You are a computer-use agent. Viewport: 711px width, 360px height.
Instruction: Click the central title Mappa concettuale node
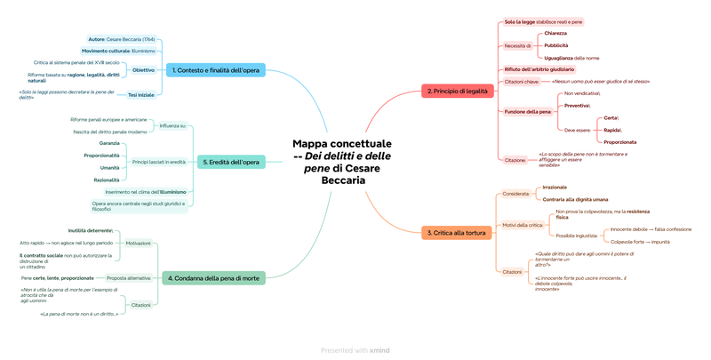[342, 162]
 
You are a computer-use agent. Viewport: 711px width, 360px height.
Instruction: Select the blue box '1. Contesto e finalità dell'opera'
[216, 69]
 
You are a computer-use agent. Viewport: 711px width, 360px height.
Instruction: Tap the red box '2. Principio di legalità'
[457, 91]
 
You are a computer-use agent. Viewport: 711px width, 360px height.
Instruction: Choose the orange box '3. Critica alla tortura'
[456, 232]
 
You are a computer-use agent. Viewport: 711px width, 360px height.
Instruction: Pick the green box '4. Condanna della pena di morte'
[213, 278]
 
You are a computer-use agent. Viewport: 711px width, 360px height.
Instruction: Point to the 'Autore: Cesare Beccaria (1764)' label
[122, 39]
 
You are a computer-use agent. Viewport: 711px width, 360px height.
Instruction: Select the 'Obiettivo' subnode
[143, 69]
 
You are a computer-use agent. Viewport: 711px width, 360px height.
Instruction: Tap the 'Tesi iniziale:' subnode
[140, 93]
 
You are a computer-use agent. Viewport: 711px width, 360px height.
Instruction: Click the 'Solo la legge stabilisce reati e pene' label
[544, 21]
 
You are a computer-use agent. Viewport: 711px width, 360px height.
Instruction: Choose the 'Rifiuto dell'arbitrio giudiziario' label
[539, 69]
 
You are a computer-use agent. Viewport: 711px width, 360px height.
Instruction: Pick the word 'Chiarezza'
[555, 33]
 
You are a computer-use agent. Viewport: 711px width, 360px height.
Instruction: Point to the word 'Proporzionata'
[619, 141]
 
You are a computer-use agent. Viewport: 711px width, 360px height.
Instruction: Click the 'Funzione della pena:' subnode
[528, 111]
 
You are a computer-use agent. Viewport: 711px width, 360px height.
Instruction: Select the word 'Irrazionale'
[555, 187]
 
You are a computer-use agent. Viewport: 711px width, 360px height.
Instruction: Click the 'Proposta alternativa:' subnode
[129, 278]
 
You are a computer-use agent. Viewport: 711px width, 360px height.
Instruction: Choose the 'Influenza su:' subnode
[172, 125]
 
